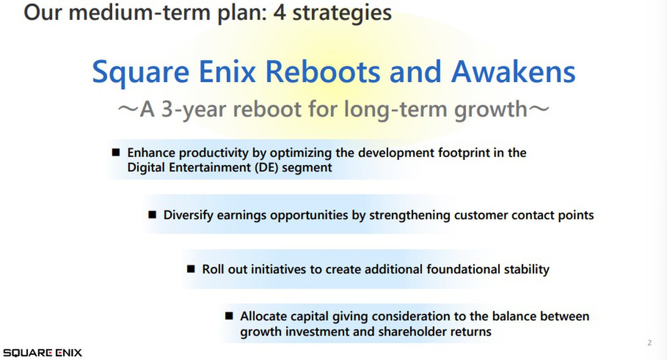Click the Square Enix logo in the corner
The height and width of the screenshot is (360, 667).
[x=42, y=353]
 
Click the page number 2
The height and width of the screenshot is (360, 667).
[x=649, y=343]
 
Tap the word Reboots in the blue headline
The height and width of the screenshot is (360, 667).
[x=322, y=72]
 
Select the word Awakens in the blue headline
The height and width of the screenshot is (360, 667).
[x=514, y=72]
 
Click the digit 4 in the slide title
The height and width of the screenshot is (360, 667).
[x=279, y=13]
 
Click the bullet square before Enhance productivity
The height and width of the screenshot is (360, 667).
[x=116, y=153]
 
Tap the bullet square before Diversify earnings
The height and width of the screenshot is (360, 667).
[x=152, y=214]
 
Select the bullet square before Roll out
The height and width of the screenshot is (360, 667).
[x=191, y=269]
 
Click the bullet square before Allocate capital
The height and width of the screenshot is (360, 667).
[x=229, y=316]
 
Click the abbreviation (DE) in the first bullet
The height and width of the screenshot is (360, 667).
[x=266, y=168]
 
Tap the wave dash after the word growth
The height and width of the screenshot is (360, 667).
[x=539, y=109]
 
